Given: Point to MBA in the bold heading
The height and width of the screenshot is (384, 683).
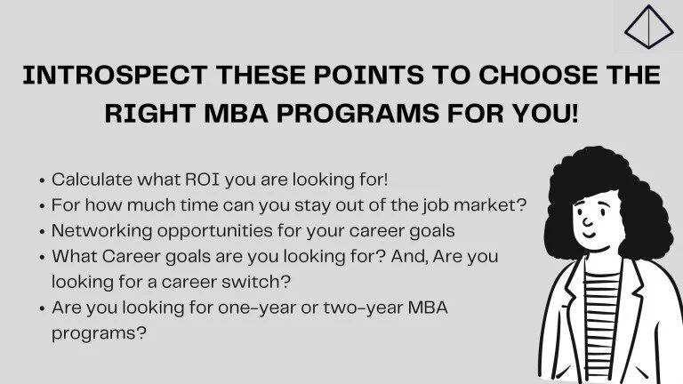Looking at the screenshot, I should pyautogui.click(x=237, y=115).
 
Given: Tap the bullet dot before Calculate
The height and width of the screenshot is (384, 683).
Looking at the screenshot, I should pyautogui.click(x=42, y=180).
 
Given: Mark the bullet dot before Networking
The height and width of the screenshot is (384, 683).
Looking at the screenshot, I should pyautogui.click(x=42, y=231).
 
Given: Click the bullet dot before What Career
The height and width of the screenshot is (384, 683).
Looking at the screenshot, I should pyautogui.click(x=42, y=257).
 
